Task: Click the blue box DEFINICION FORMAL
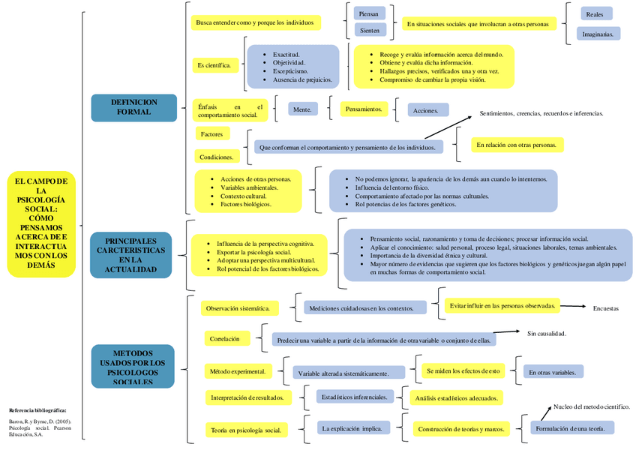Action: pyautogui.click(x=133, y=107)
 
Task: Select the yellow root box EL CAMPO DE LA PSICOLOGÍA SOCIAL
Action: pyautogui.click(x=41, y=223)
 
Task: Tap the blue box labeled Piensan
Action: pyautogui.click(x=370, y=13)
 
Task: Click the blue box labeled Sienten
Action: pyautogui.click(x=370, y=31)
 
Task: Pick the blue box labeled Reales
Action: pyautogui.click(x=595, y=13)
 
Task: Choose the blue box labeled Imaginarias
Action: pyautogui.click(x=598, y=34)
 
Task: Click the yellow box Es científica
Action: pyautogui.click(x=214, y=65)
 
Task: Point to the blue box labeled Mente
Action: pyautogui.click(x=302, y=109)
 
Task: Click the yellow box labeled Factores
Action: pyautogui.click(x=212, y=133)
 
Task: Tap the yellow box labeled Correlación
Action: pyautogui.click(x=225, y=339)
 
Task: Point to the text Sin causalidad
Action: pyautogui.click(x=546, y=333)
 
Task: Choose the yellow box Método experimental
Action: pyautogui.click(x=237, y=371)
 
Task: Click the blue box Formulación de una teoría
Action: pyautogui.click(x=571, y=428)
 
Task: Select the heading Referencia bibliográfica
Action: pyautogui.click(x=37, y=410)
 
